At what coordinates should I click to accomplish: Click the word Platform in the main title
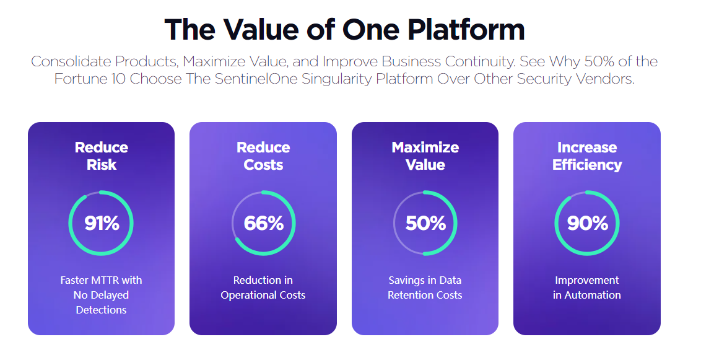point(466,30)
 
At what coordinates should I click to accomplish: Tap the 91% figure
point(102,223)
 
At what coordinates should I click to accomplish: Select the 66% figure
point(264,223)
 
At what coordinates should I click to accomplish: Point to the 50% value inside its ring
point(425,223)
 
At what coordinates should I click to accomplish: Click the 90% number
point(588,223)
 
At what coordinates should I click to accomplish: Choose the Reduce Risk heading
point(102,156)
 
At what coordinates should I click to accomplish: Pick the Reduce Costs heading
point(263,156)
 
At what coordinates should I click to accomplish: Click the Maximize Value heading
point(425,156)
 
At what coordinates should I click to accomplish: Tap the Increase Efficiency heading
point(587,156)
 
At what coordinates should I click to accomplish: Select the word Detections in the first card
point(101,310)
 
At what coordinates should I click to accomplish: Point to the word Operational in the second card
point(248,296)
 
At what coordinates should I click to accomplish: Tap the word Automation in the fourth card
point(593,296)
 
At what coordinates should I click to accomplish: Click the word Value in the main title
point(262,30)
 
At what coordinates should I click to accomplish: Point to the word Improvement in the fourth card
point(587,280)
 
